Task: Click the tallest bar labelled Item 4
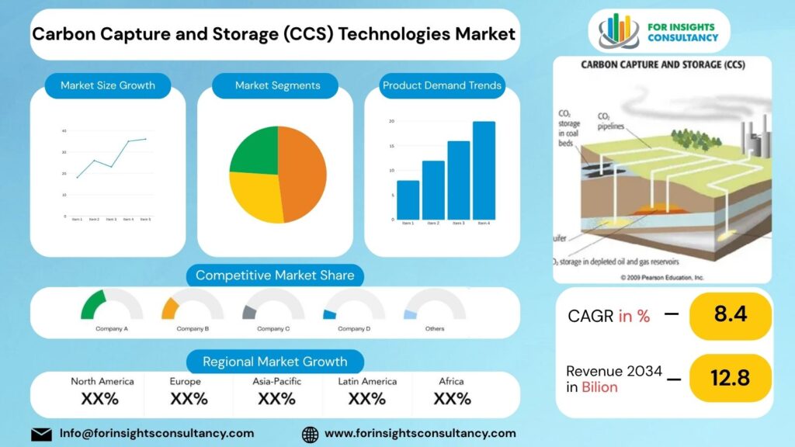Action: (484, 171)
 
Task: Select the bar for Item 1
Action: (408, 200)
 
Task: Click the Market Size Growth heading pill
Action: (108, 85)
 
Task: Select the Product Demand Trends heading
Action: (442, 85)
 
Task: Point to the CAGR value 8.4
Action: (729, 315)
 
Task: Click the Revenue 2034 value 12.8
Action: (729, 378)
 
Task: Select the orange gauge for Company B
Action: (170, 307)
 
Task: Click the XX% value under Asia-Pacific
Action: (276, 399)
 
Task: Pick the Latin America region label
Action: (367, 381)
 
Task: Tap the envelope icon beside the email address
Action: (41, 434)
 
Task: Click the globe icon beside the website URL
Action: (310, 434)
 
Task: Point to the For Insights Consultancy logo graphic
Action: (618, 32)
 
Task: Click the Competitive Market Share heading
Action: (275, 275)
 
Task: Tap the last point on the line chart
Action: (145, 139)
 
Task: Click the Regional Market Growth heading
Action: (275, 362)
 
